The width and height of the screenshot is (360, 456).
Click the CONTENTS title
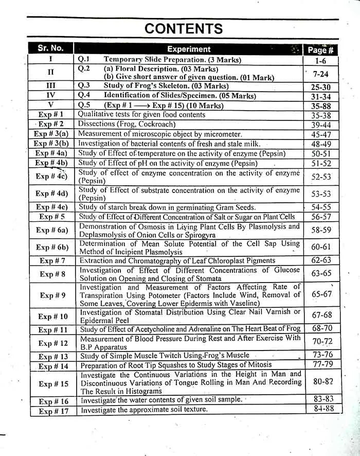[184, 28]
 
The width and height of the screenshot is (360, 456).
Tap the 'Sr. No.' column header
[50, 48]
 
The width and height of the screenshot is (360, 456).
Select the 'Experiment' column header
[189, 49]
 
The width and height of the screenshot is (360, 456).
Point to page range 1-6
[320, 60]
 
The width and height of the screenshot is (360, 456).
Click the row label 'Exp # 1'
[51, 114]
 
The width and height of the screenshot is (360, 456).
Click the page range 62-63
[321, 261]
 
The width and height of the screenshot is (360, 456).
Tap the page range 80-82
[322, 381]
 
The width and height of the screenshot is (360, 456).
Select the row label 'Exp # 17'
[53, 411]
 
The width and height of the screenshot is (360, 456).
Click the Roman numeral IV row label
[51, 95]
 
